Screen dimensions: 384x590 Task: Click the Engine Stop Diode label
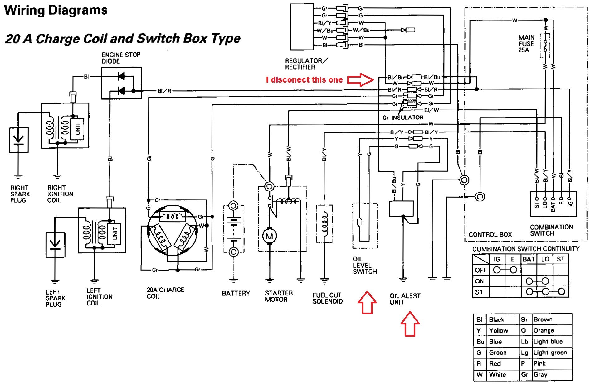tap(121, 58)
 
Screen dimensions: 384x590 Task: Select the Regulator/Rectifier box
tap(302, 27)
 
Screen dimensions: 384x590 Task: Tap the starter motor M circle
tap(269, 236)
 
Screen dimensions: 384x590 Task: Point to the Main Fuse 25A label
tap(526, 44)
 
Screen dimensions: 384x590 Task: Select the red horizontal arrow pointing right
tap(361, 80)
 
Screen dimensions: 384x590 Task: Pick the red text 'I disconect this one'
tap(304, 80)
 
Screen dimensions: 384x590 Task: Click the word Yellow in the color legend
tap(498, 330)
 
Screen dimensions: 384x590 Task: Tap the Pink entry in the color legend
tap(539, 363)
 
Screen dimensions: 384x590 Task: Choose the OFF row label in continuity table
tap(480, 270)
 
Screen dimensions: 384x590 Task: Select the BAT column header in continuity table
tap(529, 259)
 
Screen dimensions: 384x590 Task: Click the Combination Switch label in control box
tap(551, 230)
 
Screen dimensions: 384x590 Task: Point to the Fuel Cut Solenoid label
tap(327, 298)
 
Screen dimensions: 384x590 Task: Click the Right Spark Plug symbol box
tap(19, 140)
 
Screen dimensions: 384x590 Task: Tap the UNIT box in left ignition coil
tap(115, 233)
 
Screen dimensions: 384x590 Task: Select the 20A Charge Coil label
tap(165, 293)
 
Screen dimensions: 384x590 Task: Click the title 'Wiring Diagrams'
tap(56, 10)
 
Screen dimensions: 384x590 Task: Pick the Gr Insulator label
tap(403, 118)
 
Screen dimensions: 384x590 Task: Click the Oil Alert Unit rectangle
tap(401, 209)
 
